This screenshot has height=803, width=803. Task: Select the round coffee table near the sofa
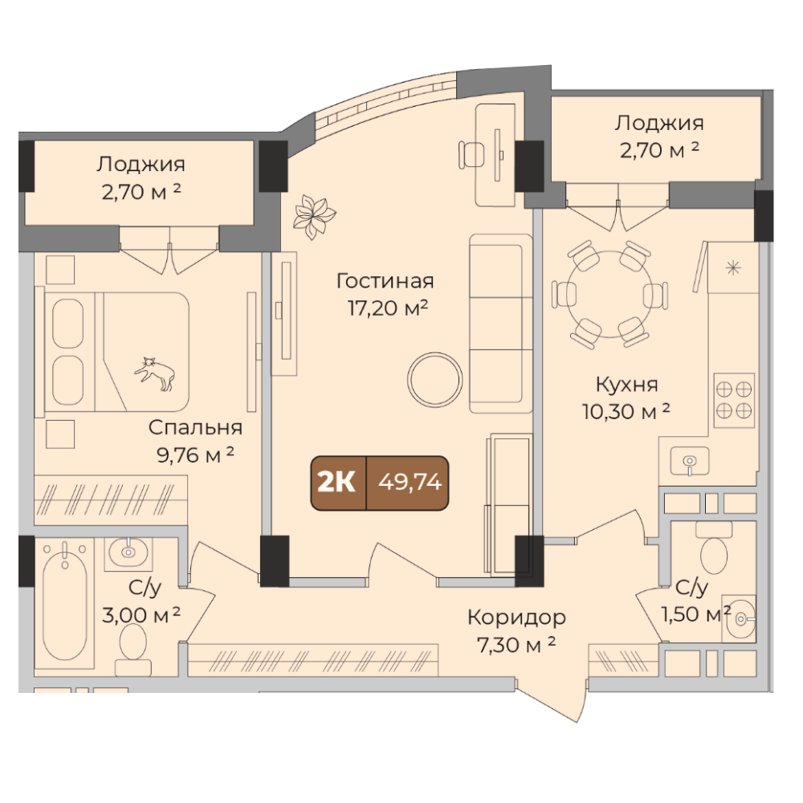coord(434,380)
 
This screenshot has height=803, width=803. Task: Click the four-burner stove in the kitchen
coord(734,400)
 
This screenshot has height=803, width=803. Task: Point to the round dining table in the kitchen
coord(609,294)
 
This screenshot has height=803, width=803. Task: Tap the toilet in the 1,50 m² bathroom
coord(714,548)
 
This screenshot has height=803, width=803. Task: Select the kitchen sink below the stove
coord(690,461)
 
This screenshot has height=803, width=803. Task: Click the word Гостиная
coord(385,280)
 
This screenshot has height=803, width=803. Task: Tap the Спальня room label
coord(195,427)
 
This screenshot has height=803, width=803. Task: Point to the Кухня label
coord(627,384)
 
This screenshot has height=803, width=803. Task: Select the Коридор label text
coord(516,618)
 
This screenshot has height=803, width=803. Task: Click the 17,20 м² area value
coord(388,308)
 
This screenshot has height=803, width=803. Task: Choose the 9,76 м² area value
coord(195,454)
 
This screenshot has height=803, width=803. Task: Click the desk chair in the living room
coord(471,154)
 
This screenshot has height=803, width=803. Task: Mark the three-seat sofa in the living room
coord(501,324)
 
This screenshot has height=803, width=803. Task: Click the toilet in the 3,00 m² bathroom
coord(132,649)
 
